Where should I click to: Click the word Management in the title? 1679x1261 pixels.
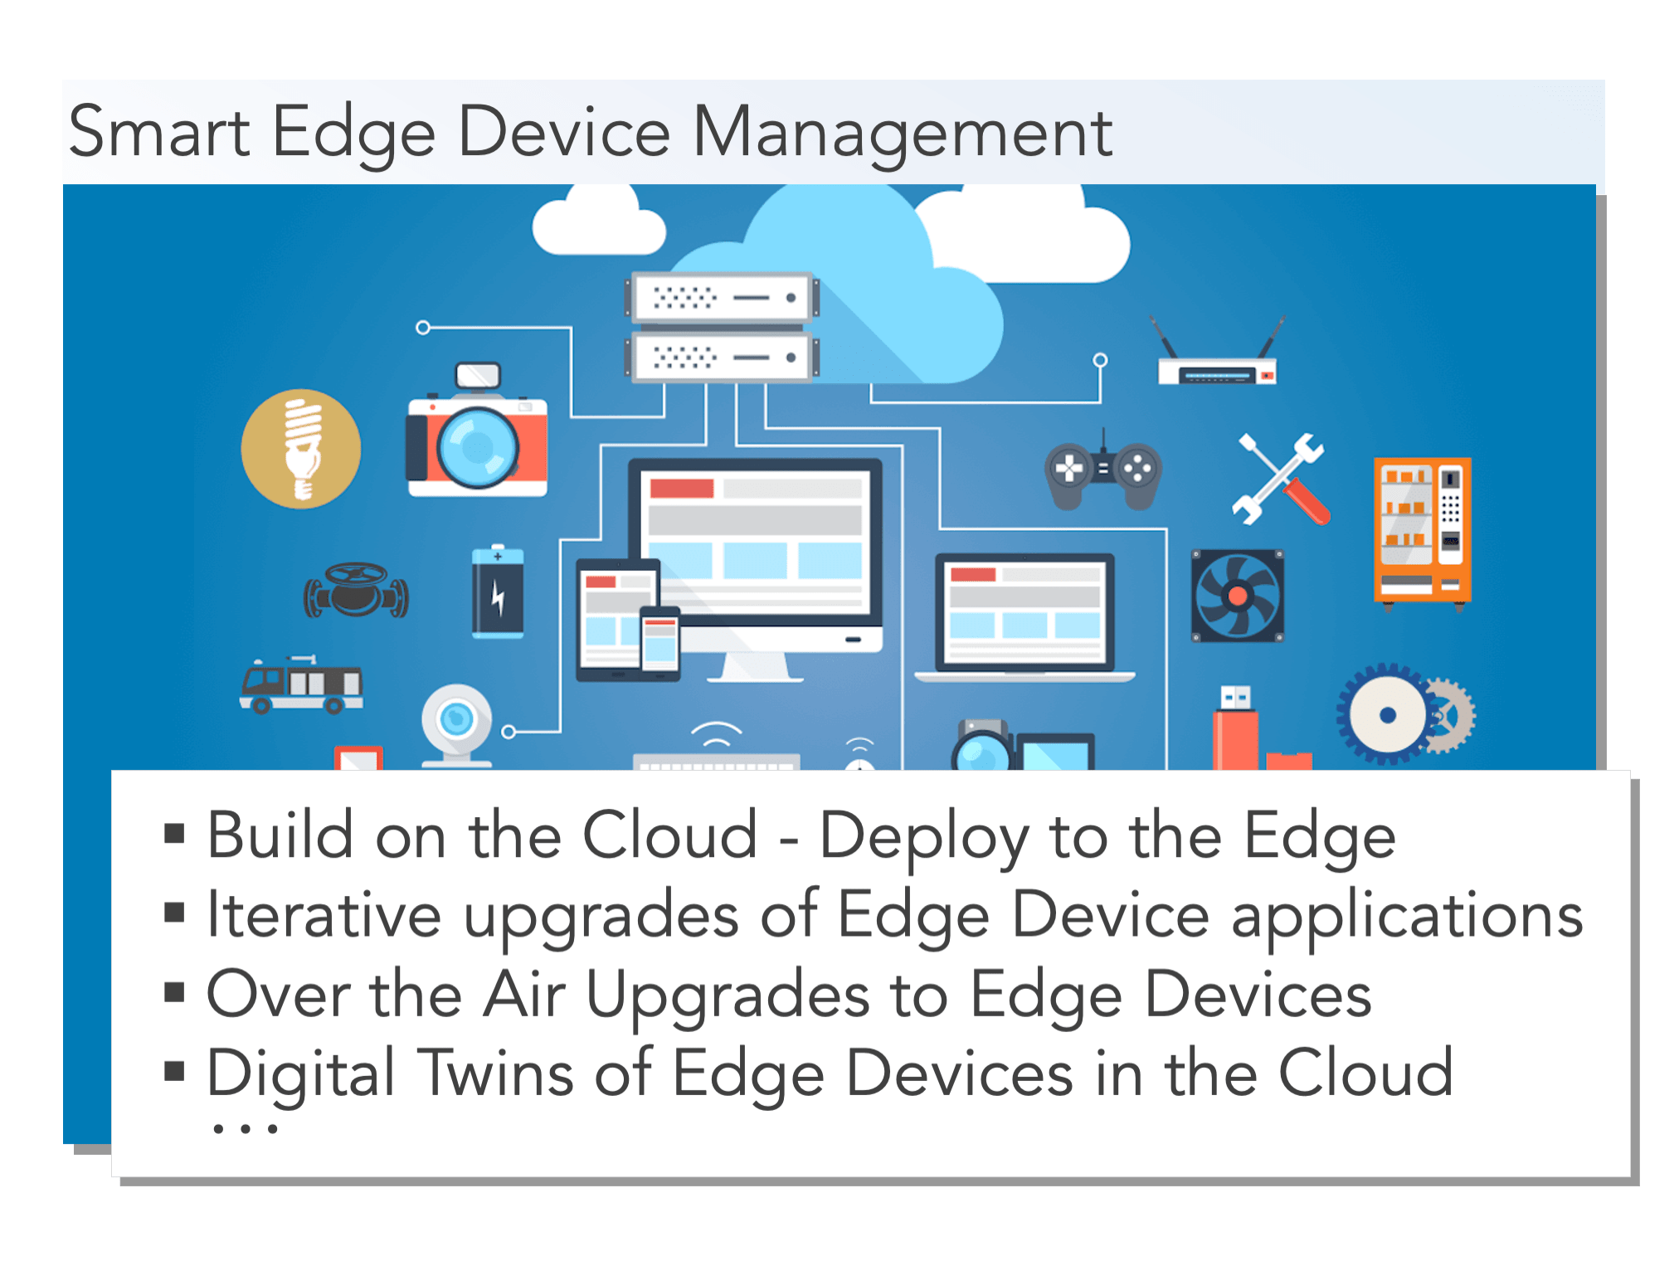click(902, 133)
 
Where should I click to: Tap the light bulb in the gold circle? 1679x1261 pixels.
click(302, 449)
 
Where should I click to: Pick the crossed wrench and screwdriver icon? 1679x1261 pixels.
click(1282, 479)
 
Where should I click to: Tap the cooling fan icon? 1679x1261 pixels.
click(1237, 596)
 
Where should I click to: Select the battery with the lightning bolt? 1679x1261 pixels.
click(498, 592)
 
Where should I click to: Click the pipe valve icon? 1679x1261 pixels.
click(356, 591)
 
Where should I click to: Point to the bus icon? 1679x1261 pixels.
click(301, 685)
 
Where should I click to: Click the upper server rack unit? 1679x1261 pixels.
click(722, 298)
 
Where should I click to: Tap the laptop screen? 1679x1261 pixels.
click(1024, 612)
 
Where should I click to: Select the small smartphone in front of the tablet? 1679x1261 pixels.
click(660, 644)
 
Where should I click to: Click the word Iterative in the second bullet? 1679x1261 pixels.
click(324, 915)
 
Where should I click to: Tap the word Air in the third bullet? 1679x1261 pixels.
click(525, 994)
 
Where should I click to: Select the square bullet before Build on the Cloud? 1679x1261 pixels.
click(174, 834)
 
